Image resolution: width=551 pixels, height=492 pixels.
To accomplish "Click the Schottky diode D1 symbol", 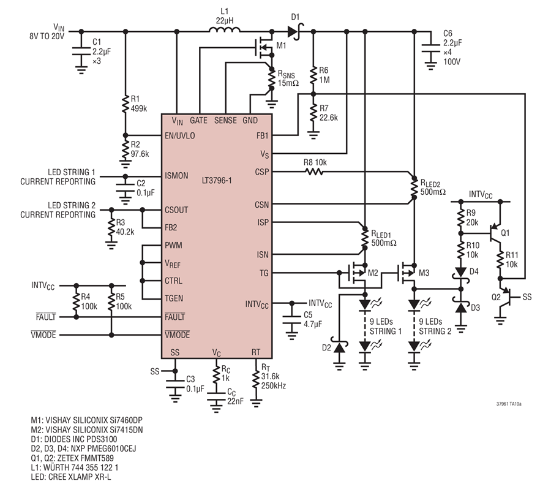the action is pos(295,31).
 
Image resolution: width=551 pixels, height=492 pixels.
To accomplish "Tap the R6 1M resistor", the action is pos(313,75).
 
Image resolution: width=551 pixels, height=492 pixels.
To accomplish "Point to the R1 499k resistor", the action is pos(126,104).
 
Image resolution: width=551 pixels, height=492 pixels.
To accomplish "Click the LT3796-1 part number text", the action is pos(217,181).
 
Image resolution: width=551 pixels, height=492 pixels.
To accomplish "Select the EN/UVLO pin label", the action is pos(180,136).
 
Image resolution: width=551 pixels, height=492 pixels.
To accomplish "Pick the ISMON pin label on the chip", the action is pos(176,175).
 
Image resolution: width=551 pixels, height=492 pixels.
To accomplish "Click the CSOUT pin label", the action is pos(176,210).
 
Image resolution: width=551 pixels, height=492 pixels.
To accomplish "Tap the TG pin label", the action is pos(263,273).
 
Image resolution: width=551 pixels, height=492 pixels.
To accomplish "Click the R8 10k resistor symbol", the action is pos(314,172).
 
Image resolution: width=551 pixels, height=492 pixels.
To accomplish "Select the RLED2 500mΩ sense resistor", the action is pos(414,188).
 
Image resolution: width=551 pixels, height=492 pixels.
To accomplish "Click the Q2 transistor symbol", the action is pos(506,297).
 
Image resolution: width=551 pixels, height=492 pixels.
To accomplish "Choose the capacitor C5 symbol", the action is pos(291,319).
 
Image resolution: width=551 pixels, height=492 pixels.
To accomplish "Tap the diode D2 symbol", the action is pos(339,347).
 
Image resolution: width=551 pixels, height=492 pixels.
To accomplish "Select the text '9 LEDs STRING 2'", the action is pos(435,327).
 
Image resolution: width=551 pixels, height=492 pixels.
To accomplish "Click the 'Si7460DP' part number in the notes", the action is pos(126,420).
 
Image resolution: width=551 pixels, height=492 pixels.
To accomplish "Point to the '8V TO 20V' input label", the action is pos(47,36).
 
